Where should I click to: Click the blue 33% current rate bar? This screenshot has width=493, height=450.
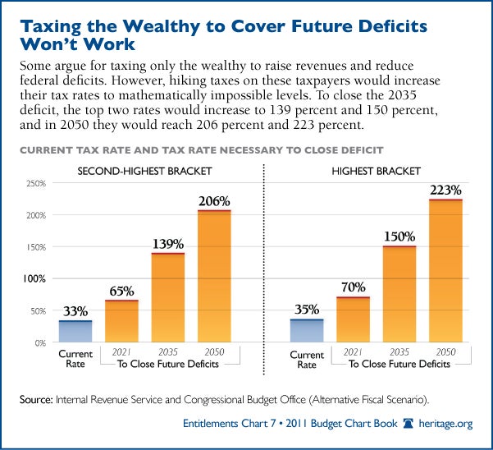pyautogui.click(x=75, y=331)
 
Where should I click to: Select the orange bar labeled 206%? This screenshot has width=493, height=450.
pyautogui.click(x=214, y=276)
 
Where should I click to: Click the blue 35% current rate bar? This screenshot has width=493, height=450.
pyautogui.click(x=307, y=330)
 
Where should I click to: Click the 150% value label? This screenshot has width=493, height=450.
pyautogui.click(x=399, y=237)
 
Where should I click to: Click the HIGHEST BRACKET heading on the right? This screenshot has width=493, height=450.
pyautogui.click(x=376, y=171)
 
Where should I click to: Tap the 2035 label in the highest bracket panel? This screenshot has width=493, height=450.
pyautogui.click(x=399, y=351)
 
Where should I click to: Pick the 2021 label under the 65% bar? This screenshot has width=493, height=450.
pyautogui.click(x=121, y=351)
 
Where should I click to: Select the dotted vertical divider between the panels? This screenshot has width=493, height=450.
pyautogui.click(x=263, y=263)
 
